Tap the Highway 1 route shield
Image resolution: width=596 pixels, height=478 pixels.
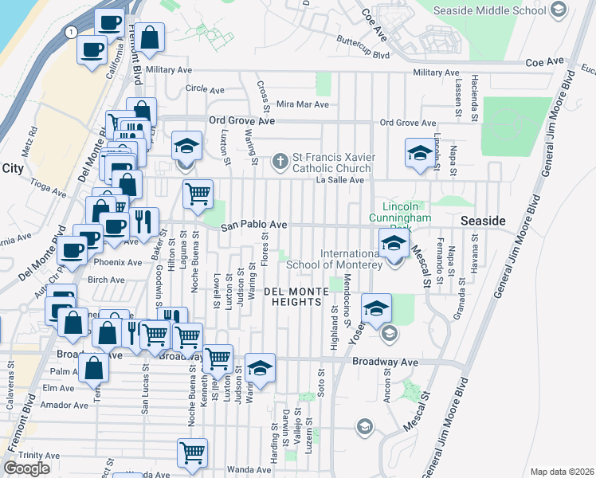pyautogui.click(x=72, y=32)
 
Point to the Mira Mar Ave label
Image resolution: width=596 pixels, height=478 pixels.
pyautogui.click(x=302, y=104)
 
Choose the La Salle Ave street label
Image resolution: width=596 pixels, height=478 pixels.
pyautogui.click(x=339, y=180)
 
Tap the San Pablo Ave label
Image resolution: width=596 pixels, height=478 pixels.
pyautogui.click(x=253, y=225)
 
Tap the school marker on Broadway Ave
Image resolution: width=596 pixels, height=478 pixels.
pyautogui.click(x=259, y=367)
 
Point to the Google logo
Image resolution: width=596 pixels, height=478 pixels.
pyautogui.click(x=27, y=468)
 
